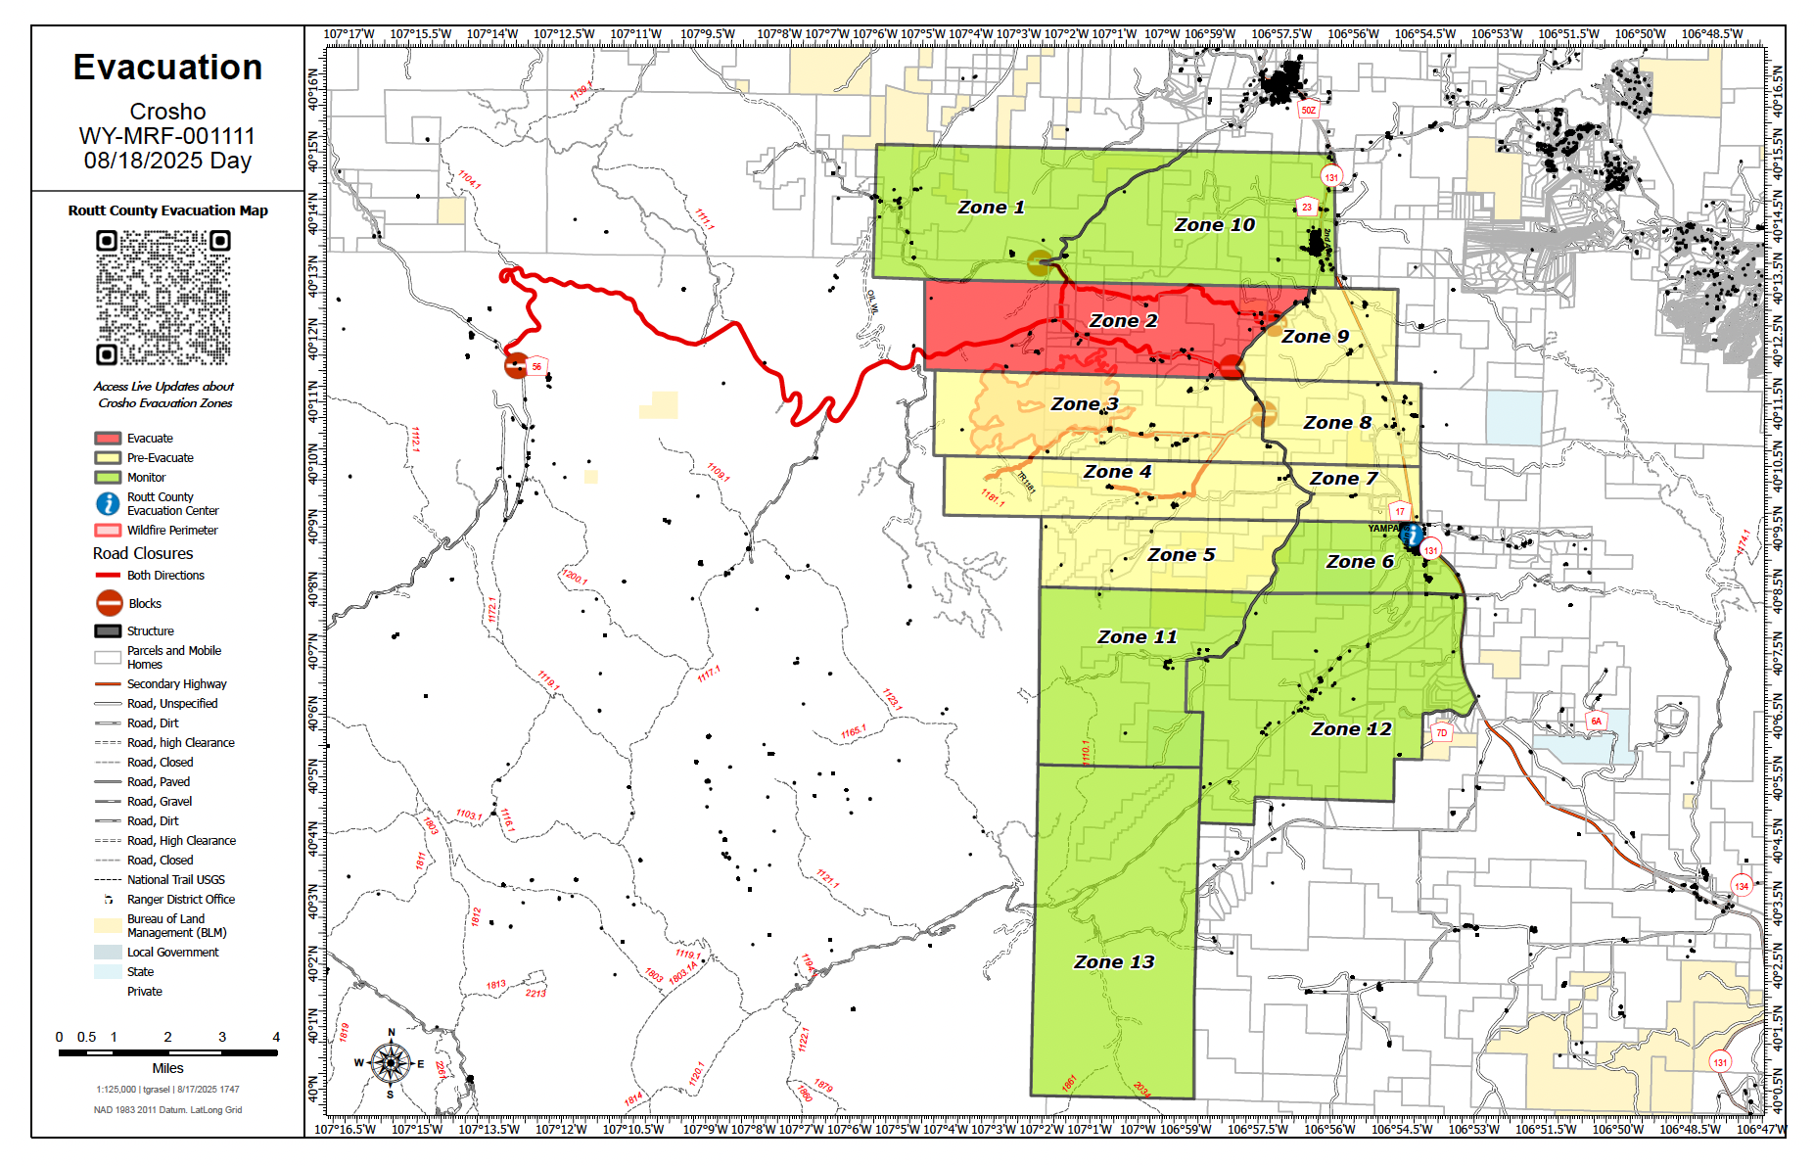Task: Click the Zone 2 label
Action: point(1123,321)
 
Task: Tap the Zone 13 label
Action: point(1114,962)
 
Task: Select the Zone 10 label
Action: point(1214,225)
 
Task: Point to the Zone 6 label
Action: point(1360,562)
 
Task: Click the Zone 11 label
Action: point(1137,637)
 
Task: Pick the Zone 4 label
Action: point(1117,472)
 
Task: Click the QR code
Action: point(163,297)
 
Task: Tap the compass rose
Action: point(391,1062)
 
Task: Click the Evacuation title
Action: point(167,68)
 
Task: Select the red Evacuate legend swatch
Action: point(108,439)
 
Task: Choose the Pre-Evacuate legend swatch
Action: point(108,458)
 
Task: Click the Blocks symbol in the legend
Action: point(110,603)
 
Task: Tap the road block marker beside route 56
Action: point(516,366)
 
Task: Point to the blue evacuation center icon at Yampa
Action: point(1413,535)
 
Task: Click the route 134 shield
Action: point(1742,886)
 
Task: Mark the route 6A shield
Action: point(1596,722)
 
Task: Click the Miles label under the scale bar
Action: point(167,1068)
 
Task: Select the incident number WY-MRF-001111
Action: point(167,136)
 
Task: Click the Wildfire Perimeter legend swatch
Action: point(108,531)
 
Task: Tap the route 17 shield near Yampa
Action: point(1400,511)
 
